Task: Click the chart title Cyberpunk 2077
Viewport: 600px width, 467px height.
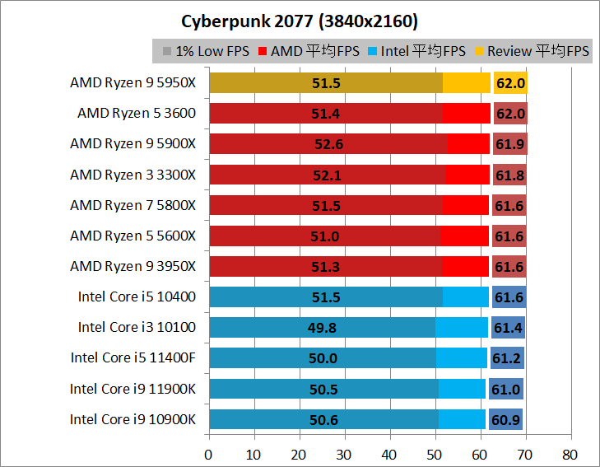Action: tap(300, 20)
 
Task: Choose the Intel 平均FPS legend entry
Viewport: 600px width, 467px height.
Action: tap(421, 51)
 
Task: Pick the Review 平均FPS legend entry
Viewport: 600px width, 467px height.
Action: tap(533, 51)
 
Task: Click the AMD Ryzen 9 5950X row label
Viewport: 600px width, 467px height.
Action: tap(133, 82)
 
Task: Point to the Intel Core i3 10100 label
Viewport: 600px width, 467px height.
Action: tap(137, 327)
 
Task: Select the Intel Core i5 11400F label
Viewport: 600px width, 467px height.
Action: tap(133, 357)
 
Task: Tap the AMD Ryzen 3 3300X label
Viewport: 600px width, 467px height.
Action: tap(133, 174)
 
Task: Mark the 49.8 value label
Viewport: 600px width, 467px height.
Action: tap(323, 328)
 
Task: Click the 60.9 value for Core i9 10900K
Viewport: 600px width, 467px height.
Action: tap(505, 420)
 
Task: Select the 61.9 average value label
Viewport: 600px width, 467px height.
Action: tap(509, 144)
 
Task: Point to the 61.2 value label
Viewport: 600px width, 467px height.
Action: tap(507, 358)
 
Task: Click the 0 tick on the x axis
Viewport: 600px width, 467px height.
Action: tap(209, 454)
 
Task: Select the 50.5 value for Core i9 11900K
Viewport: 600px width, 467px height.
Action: tap(324, 389)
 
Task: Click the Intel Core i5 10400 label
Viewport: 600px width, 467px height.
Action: tap(137, 297)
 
